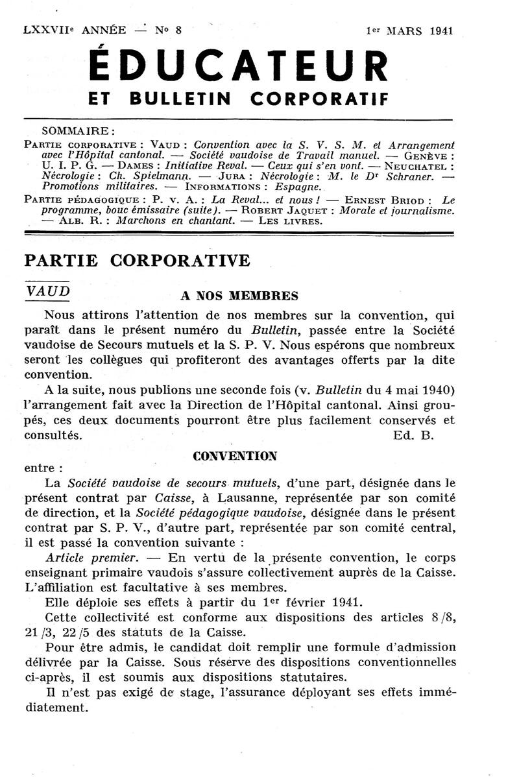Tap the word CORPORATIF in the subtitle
coord(319,99)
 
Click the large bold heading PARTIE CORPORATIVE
coord(136,260)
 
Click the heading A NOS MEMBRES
coord(239,296)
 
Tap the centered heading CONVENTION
coord(235,455)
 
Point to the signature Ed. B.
coord(413,435)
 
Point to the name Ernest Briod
coord(385,199)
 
